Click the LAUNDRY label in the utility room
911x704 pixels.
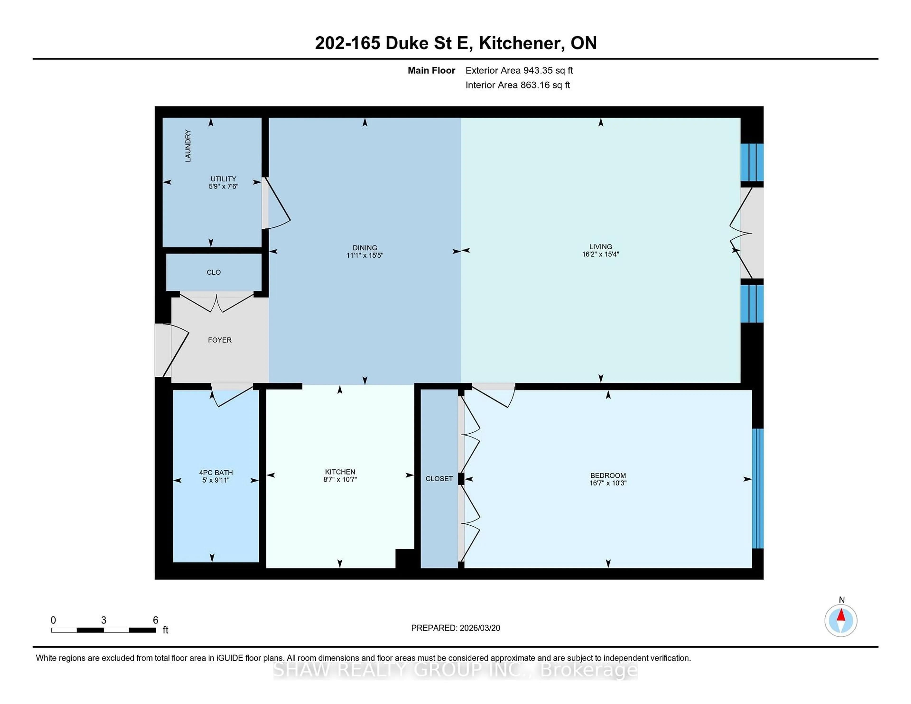188,146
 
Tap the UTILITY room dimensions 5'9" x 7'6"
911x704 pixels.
223,186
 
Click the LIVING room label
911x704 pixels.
600,246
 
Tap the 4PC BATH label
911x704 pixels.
216,472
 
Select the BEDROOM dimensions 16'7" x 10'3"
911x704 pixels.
608,483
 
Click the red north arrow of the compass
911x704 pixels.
841,615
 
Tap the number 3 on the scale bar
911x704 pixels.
103,620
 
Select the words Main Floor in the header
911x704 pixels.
431,70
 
